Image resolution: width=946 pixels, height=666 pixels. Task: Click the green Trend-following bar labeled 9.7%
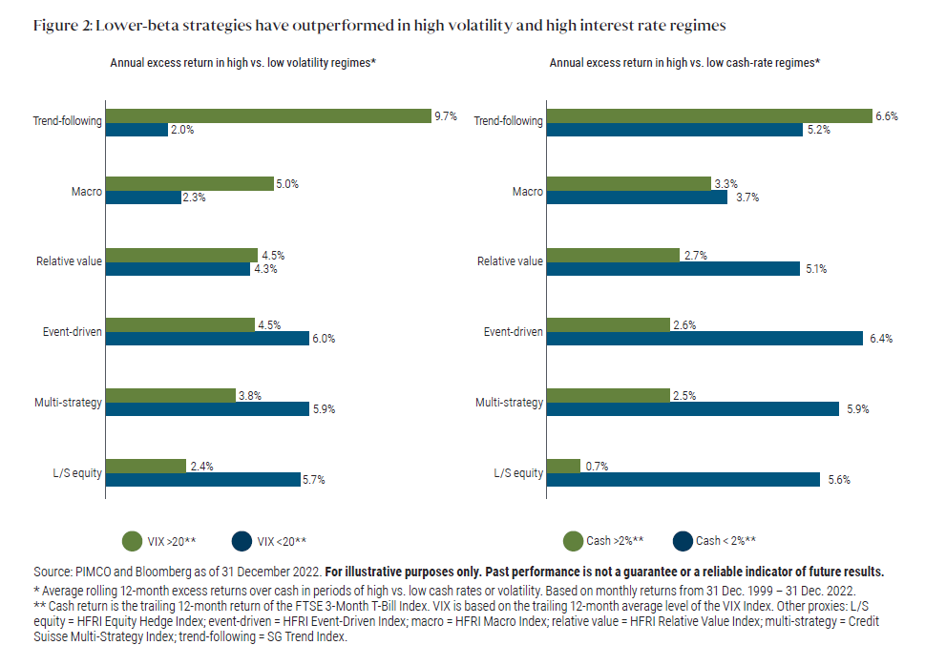click(x=267, y=115)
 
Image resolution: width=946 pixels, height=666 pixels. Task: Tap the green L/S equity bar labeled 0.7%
click(x=562, y=466)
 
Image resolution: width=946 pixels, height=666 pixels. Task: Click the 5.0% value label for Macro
click(x=286, y=183)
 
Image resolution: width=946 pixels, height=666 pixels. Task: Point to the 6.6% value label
click(x=887, y=115)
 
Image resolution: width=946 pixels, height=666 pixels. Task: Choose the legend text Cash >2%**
click(x=615, y=541)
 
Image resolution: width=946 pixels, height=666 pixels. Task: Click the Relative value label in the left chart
click(x=70, y=261)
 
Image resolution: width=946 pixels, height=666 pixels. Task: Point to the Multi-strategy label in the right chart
click(x=510, y=402)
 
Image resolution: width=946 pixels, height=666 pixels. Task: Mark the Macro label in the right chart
click(x=528, y=192)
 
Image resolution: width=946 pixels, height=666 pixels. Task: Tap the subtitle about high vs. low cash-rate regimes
click(x=684, y=62)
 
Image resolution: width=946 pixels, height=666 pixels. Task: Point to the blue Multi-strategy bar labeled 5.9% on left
click(x=206, y=409)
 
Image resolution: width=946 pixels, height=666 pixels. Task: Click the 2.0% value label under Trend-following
click(x=181, y=130)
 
